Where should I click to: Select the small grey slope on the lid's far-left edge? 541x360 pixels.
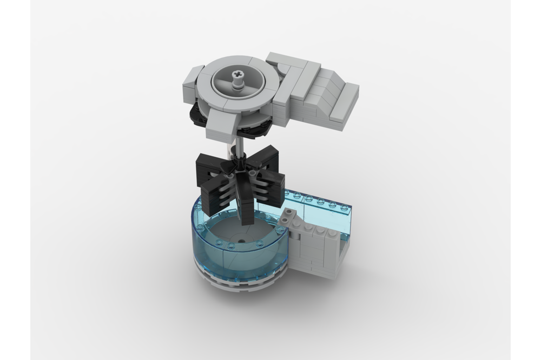[190, 81]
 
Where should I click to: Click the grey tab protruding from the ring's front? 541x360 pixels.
[223, 118]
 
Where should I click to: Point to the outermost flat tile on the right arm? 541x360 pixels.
[345, 103]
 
